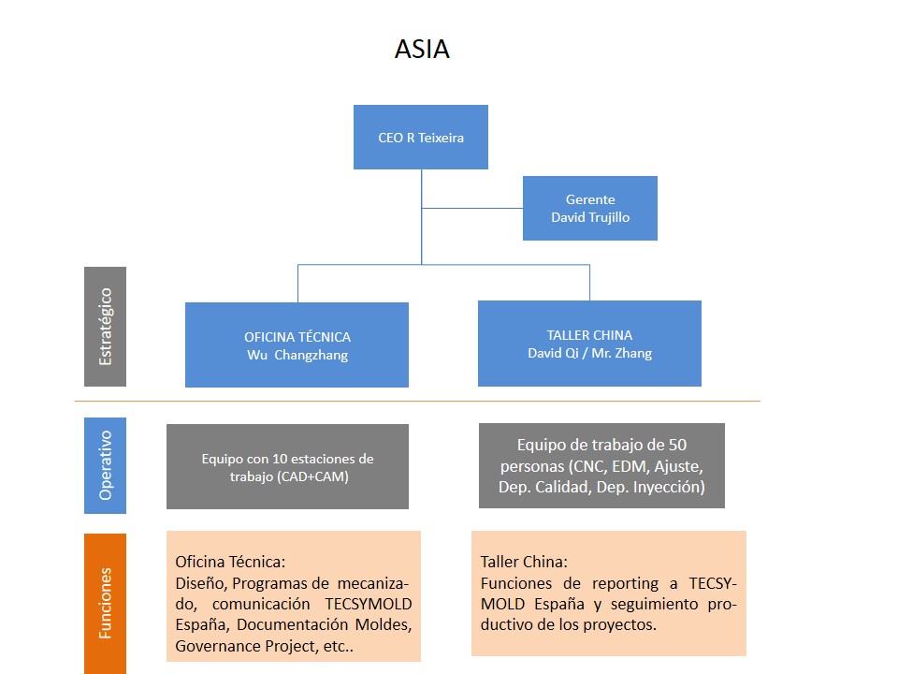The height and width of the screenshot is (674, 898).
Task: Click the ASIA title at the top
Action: [422, 50]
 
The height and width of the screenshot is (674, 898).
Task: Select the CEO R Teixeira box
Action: [421, 137]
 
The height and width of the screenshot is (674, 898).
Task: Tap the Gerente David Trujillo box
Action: [589, 208]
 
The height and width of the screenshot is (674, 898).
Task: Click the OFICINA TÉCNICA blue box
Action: [297, 344]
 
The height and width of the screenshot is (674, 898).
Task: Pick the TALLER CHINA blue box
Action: [589, 343]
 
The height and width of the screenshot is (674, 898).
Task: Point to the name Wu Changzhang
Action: [297, 356]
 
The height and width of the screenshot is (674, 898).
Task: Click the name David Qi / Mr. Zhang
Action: [589, 353]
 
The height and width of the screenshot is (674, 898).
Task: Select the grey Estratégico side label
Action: [105, 327]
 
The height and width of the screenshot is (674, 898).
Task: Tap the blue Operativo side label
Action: [105, 465]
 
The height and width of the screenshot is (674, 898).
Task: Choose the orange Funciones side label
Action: [105, 603]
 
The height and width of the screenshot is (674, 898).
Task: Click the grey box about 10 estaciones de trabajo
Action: [287, 466]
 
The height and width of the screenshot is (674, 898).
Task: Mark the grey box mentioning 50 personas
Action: [601, 466]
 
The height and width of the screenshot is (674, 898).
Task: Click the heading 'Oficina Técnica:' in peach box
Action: [230, 562]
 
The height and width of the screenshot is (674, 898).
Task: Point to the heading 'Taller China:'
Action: [524, 562]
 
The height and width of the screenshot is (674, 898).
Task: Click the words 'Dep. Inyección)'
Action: [656, 487]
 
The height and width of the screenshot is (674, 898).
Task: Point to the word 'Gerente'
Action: [589, 199]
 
